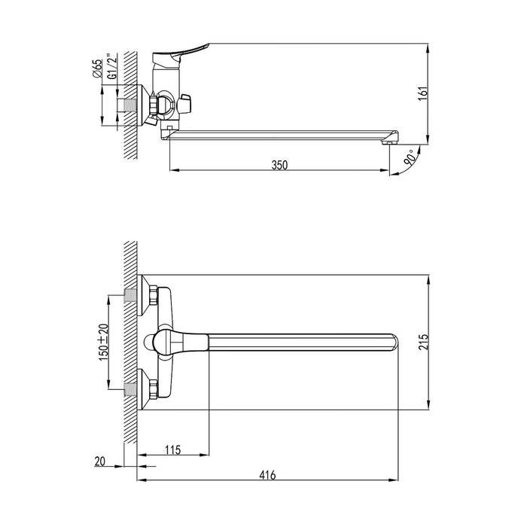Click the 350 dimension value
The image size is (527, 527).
coord(279,165)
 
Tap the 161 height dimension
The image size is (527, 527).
coord(423,93)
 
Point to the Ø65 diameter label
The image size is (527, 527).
coord(97,69)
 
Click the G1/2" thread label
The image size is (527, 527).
coord(113,66)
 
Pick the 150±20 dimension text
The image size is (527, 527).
coord(104,342)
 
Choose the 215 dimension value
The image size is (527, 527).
coord(423,342)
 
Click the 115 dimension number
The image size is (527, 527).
coord(172,449)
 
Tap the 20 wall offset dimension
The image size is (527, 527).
coord(100,461)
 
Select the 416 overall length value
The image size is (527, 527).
coord(267,475)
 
